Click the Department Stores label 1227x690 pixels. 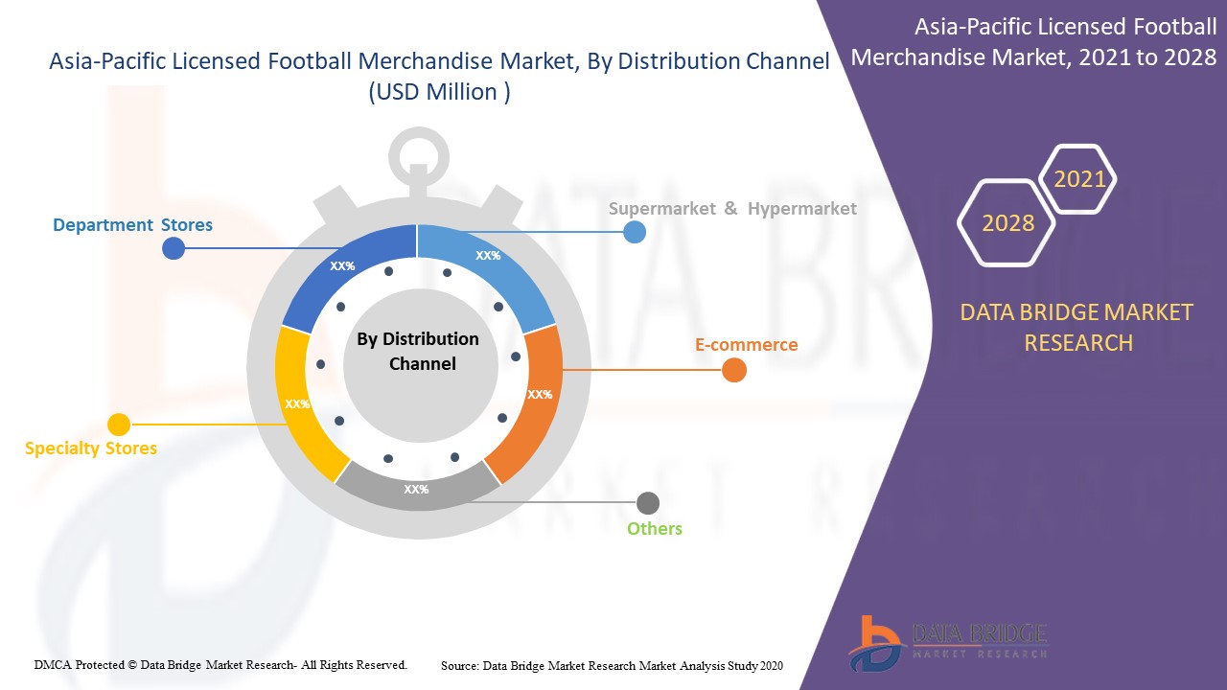click(132, 225)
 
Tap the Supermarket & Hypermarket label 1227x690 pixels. click(732, 208)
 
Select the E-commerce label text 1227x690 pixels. click(746, 344)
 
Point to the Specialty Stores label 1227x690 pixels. click(91, 448)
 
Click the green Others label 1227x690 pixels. click(655, 528)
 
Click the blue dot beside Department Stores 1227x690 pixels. click(174, 249)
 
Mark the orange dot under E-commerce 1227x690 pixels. click(734, 370)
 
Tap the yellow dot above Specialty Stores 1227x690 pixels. click(119, 425)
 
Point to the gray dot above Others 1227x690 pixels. click(648, 503)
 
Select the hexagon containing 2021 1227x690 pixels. click(1079, 179)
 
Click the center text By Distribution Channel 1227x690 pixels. click(418, 351)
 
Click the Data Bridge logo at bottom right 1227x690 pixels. click(947, 641)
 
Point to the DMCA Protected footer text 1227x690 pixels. click(220, 664)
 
